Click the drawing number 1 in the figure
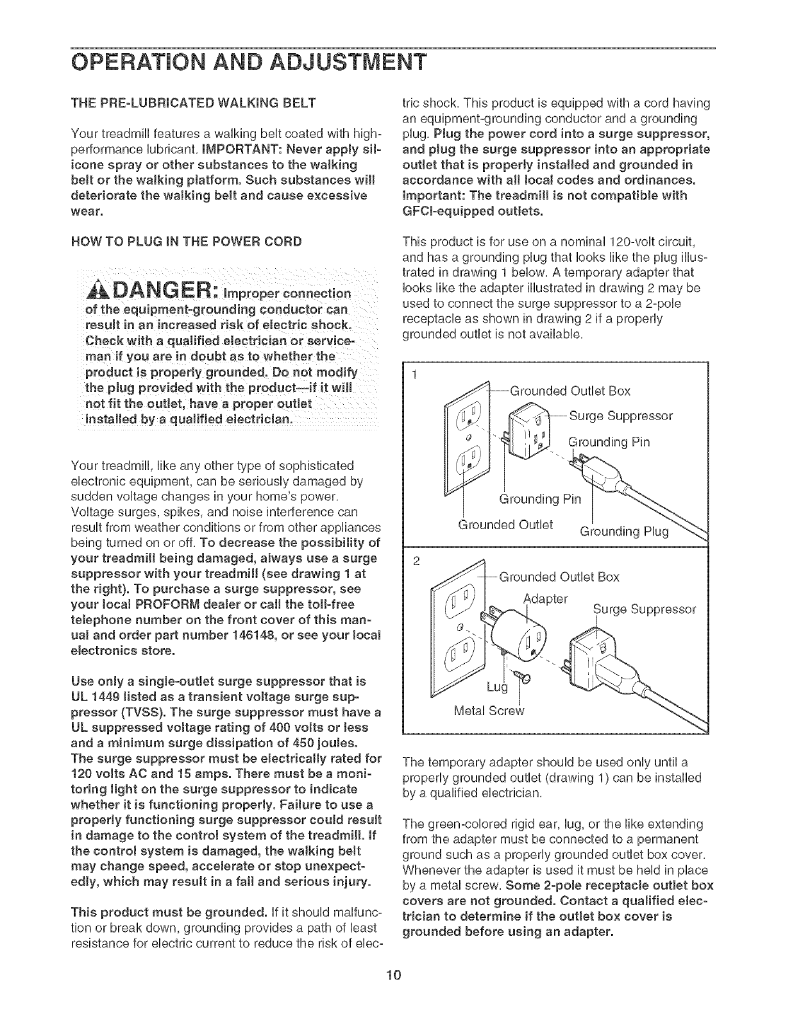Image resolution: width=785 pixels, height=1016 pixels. point(414,375)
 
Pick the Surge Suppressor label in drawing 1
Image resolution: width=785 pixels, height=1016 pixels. point(621,416)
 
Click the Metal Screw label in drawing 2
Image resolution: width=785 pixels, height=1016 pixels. point(489,711)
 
